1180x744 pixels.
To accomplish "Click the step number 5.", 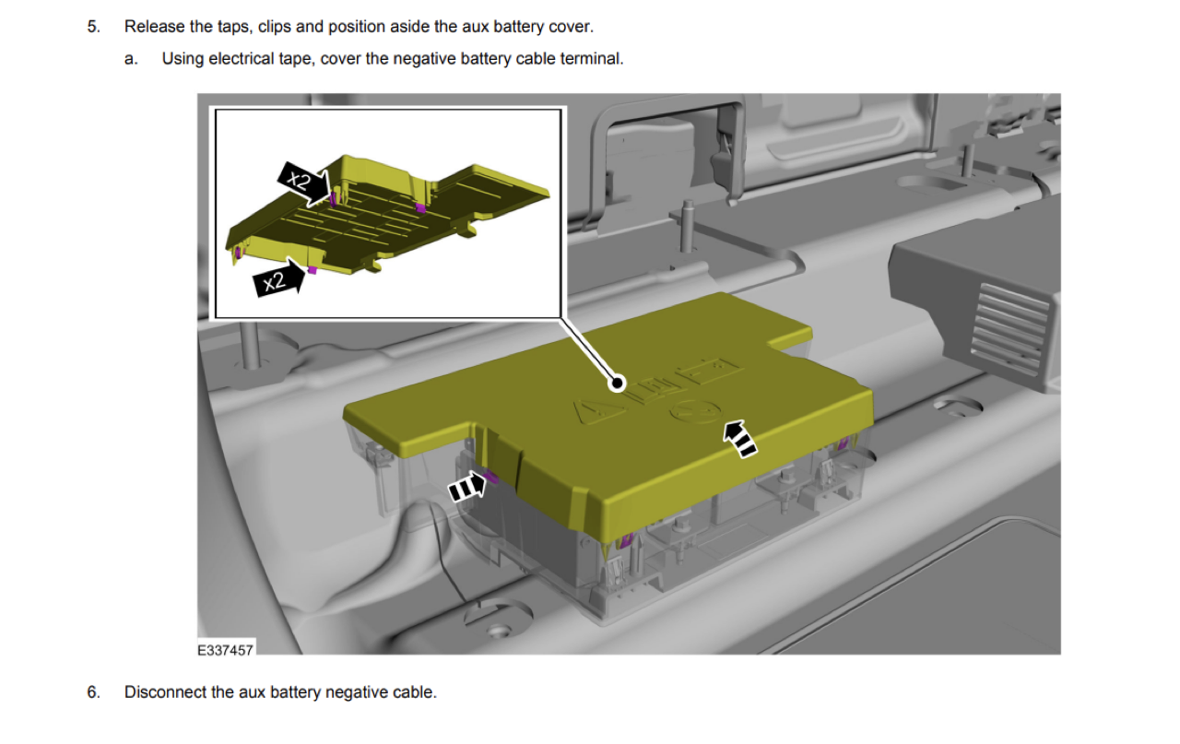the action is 93,27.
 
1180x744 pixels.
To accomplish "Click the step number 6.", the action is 93,691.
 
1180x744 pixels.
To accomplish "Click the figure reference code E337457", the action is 226,650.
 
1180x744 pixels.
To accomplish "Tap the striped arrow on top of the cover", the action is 739,439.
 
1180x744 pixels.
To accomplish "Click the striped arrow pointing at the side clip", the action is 466,488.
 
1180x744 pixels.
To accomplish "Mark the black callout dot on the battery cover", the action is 617,384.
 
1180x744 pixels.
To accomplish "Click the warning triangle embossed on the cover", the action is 598,411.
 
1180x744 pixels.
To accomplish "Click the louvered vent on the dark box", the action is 1009,330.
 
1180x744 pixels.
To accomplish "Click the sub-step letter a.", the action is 131,59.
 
